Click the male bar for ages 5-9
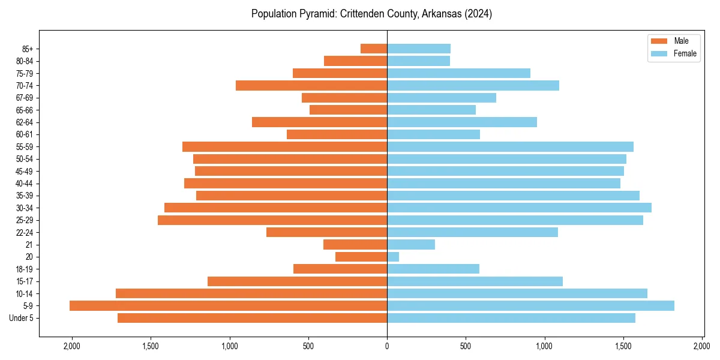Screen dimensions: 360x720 click(228, 306)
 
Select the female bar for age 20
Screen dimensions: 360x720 click(393, 257)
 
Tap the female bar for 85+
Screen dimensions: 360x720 click(419, 49)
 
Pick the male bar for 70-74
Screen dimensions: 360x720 click(311, 85)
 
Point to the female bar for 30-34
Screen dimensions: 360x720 click(519, 208)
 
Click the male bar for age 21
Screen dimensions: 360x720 click(355, 244)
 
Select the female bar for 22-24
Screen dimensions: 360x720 click(472, 232)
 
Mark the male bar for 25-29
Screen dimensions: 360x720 click(272, 220)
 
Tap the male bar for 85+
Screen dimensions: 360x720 click(374, 49)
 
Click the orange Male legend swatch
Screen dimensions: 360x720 click(659, 41)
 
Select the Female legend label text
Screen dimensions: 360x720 click(685, 53)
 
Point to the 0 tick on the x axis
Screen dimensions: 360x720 click(387, 346)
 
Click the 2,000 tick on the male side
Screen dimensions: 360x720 click(71, 346)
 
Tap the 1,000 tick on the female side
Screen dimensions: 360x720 click(545, 346)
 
